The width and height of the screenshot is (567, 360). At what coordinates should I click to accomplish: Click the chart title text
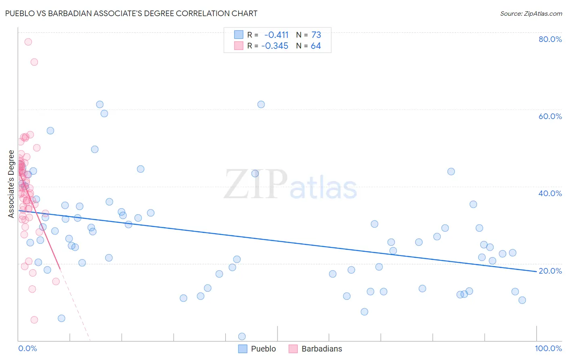131,13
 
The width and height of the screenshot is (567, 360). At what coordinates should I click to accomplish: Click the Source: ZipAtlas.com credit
531,14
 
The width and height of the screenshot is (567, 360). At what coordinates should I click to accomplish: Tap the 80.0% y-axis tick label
550,39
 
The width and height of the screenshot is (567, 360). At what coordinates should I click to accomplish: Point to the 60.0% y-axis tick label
550,116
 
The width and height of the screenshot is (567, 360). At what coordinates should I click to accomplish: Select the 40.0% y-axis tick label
550,193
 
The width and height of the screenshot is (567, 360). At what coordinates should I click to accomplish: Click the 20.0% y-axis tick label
550,271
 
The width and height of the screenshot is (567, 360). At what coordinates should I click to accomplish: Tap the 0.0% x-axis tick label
27,348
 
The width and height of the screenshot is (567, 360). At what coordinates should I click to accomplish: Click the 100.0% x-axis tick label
548,348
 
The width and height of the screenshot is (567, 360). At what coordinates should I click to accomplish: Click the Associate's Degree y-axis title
11,184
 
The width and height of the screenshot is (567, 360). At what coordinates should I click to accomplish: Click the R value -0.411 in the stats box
276,35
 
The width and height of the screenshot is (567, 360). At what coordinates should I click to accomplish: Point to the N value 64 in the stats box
316,46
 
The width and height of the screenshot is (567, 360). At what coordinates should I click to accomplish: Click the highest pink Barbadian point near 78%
28,42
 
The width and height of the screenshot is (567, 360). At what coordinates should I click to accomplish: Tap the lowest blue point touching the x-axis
242,337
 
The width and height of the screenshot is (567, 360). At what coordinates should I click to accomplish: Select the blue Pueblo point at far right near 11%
522,300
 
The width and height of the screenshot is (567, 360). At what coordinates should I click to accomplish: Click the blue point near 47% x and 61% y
261,105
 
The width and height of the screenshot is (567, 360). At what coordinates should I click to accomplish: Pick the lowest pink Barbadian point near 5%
34,320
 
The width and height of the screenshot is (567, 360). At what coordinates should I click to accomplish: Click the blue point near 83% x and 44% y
451,172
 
